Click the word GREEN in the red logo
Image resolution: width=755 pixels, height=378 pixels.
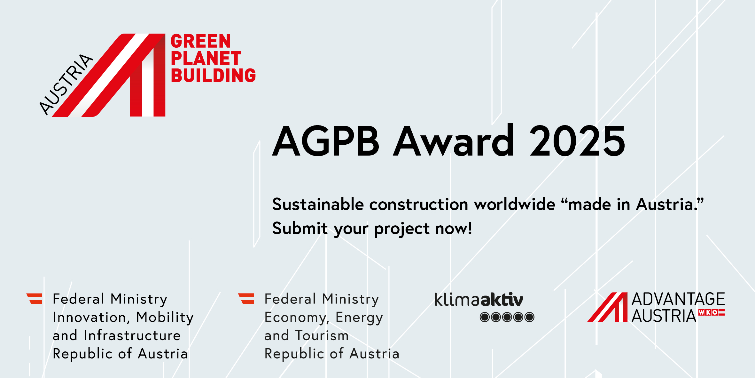[x=201, y=41]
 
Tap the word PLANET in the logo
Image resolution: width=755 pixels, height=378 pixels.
[x=206, y=58]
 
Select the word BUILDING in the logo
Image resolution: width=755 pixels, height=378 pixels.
[x=214, y=75]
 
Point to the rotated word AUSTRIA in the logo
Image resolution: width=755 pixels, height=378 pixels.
[x=66, y=84]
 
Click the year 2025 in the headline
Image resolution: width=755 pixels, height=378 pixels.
[x=577, y=141]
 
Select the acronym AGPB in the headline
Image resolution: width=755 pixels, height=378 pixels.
[x=326, y=141]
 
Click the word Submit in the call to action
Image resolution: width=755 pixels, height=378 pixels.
[x=300, y=229]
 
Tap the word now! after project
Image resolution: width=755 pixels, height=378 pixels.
[x=454, y=229]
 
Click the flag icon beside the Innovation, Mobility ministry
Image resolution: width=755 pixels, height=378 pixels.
[x=35, y=299]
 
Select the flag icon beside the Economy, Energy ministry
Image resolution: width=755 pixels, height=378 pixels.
[x=246, y=299]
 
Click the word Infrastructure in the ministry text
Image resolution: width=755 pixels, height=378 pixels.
[x=132, y=335]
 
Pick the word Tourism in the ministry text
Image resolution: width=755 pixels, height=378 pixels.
[x=322, y=335]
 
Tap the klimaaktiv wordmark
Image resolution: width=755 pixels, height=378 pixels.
[x=479, y=300]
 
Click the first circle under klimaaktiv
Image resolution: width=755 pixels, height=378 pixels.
[x=485, y=317]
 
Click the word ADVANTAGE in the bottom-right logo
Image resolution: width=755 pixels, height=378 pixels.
[x=678, y=299]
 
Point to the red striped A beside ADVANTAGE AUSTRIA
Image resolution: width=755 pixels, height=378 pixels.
[x=608, y=307]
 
